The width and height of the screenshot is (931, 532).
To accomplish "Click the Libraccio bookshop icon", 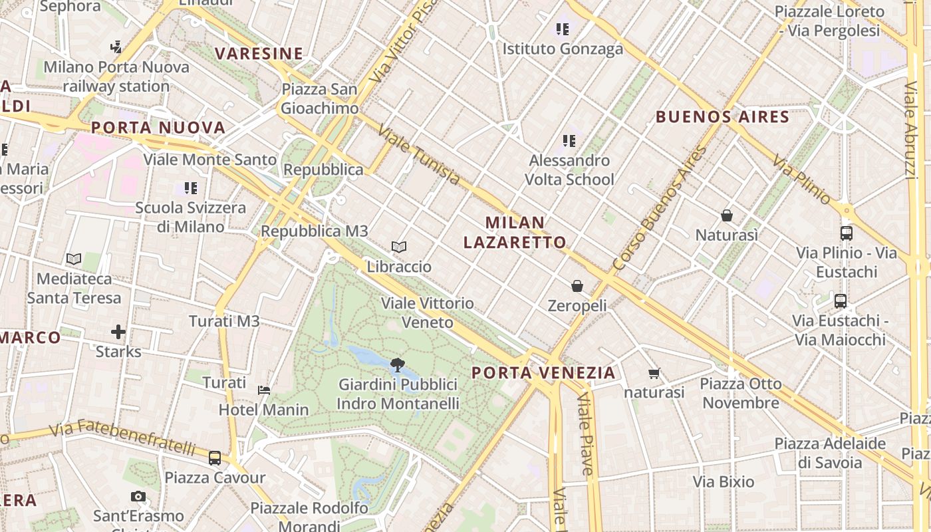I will tap(399, 247).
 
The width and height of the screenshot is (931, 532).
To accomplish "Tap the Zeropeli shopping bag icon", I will tap(577, 286).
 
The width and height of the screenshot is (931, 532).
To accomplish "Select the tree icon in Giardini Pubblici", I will tap(398, 364).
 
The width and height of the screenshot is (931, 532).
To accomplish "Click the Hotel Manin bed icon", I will tap(264, 390).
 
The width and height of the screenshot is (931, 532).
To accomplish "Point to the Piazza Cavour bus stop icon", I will tap(215, 458).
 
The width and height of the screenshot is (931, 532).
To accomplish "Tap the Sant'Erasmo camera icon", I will tap(138, 496).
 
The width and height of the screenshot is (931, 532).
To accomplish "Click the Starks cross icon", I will tap(118, 331).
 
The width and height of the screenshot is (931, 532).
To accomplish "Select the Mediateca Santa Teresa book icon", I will tap(74, 259).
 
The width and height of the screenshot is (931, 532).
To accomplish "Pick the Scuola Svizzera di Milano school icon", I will tap(191, 188).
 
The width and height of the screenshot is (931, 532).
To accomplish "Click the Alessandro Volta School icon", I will tap(569, 141).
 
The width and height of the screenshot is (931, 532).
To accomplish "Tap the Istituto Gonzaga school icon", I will tap(563, 29).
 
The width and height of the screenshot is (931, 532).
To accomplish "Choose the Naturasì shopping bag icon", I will tap(727, 215).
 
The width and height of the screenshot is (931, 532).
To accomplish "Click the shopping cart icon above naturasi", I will tap(654, 373).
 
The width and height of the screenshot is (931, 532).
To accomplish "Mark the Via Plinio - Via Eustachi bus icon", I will tap(847, 233).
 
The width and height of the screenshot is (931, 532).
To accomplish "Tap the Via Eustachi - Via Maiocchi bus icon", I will tap(841, 301).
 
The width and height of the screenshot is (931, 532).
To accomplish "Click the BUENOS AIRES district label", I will tap(722, 118).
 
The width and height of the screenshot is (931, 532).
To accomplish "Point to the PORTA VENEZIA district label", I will tap(543, 373).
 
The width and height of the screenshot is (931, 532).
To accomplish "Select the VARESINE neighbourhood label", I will tap(259, 54).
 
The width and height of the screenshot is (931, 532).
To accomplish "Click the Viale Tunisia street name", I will tap(418, 154).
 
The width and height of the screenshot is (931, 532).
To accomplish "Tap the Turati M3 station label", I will tap(224, 321).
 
